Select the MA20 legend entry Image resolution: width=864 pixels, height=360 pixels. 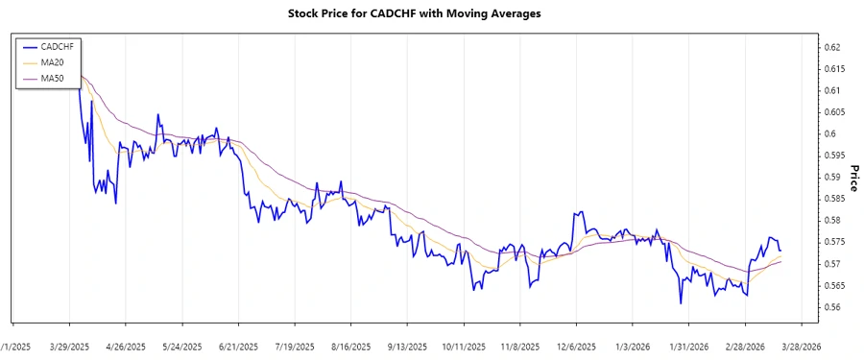tap(49, 61)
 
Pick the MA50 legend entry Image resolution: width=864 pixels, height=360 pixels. tap(49, 78)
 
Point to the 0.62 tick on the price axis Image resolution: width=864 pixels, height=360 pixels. tap(832, 47)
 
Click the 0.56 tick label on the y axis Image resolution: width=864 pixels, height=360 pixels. tap(832, 307)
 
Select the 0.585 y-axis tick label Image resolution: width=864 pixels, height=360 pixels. tap(834, 199)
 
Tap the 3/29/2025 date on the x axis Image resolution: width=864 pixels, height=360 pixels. tap(69, 346)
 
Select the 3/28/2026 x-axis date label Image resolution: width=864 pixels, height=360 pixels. tap(799, 346)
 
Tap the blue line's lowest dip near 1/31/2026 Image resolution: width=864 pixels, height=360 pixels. tap(680, 303)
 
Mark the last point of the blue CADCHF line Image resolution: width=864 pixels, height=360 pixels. tap(780, 251)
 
